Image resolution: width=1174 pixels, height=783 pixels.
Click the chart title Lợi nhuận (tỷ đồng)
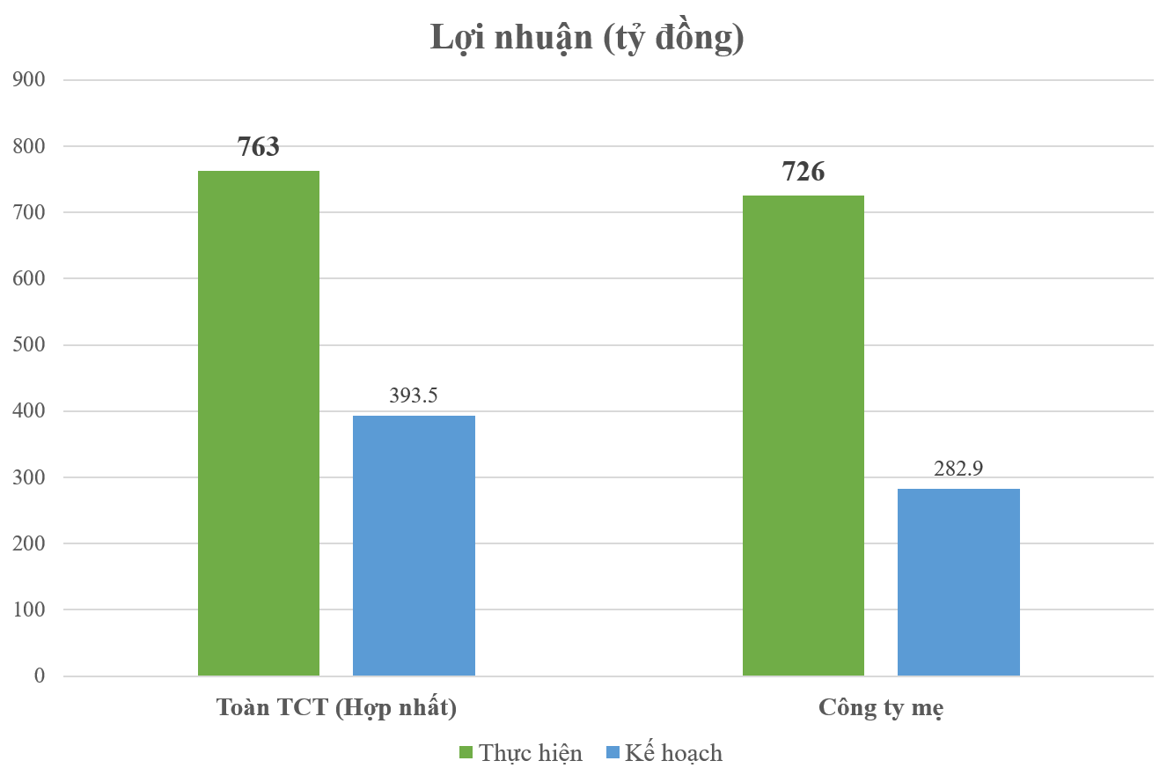click(587, 38)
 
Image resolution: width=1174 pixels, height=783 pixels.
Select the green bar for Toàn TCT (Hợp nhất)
click(259, 423)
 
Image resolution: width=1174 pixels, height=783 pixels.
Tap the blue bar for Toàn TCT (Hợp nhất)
click(414, 545)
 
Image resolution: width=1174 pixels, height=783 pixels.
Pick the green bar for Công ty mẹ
click(803, 435)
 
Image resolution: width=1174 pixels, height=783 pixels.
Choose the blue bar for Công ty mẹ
click(958, 582)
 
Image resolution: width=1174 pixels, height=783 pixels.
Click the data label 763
click(259, 146)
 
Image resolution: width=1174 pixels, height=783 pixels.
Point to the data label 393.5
click(414, 395)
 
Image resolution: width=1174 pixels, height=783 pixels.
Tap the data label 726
click(803, 172)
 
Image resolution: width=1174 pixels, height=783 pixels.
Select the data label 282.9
click(958, 469)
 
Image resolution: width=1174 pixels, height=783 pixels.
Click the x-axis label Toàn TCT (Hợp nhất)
click(336, 708)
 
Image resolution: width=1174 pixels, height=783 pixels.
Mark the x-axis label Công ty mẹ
click(881, 708)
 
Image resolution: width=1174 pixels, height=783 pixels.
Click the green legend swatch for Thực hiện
click(466, 753)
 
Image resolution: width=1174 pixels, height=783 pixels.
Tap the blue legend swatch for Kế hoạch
click(613, 753)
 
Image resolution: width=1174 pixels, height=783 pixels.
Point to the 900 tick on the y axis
click(28, 80)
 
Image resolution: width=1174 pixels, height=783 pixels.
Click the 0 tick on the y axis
click(40, 676)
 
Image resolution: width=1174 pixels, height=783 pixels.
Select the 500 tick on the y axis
click(28, 345)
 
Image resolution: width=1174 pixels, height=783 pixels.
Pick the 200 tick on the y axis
click(28, 543)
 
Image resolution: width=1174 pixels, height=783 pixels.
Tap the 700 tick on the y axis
click(28, 212)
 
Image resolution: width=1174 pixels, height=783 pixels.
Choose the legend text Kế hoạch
click(673, 753)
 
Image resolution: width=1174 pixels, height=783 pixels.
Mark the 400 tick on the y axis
click(28, 411)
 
